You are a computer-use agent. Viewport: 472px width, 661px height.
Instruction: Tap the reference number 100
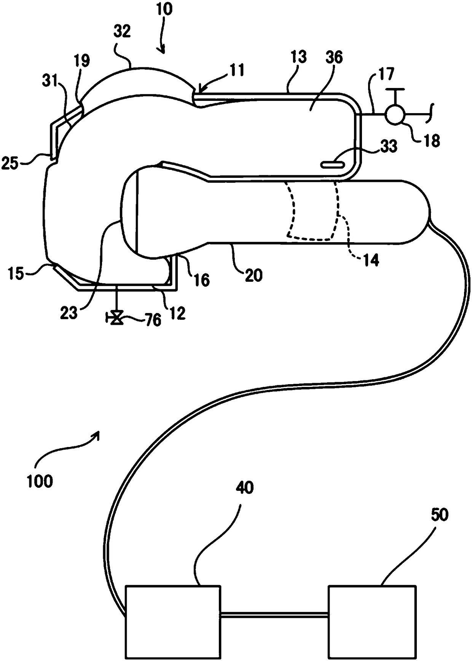(40, 481)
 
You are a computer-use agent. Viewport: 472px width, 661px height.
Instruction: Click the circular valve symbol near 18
(395, 113)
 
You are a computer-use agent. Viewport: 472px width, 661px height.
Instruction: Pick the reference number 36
(334, 57)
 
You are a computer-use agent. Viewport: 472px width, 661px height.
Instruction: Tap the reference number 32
(122, 32)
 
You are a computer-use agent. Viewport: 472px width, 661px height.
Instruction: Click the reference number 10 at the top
(164, 9)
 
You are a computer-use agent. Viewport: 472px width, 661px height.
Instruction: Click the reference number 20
(254, 275)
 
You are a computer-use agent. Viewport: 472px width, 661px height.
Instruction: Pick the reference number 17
(386, 74)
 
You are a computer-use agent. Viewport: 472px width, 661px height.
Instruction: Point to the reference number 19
(82, 61)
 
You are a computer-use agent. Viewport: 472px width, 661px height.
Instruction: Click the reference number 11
(237, 70)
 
